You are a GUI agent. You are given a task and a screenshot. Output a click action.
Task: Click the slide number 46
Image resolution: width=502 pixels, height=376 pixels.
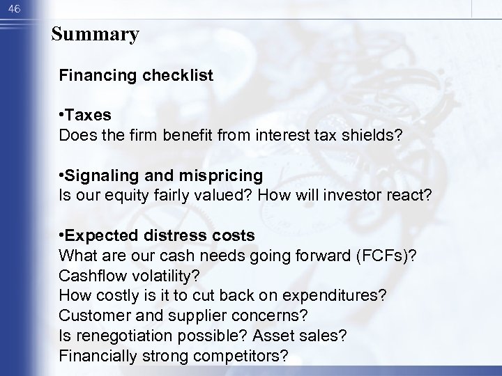tap(14, 6)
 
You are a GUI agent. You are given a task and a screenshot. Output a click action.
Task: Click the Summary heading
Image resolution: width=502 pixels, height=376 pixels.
tap(95, 33)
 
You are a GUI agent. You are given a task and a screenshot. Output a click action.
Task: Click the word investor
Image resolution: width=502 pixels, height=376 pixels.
tap(337, 196)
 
